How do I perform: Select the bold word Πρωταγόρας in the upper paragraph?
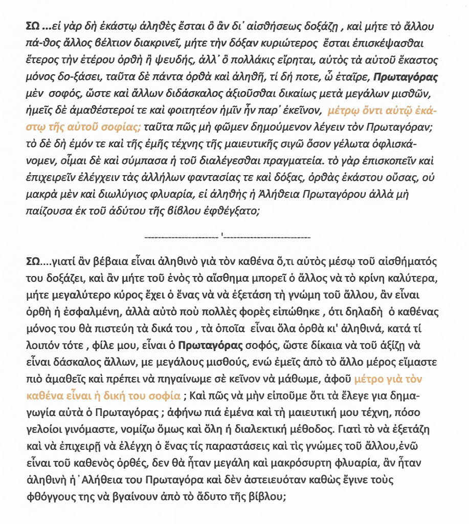pos(402,79)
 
